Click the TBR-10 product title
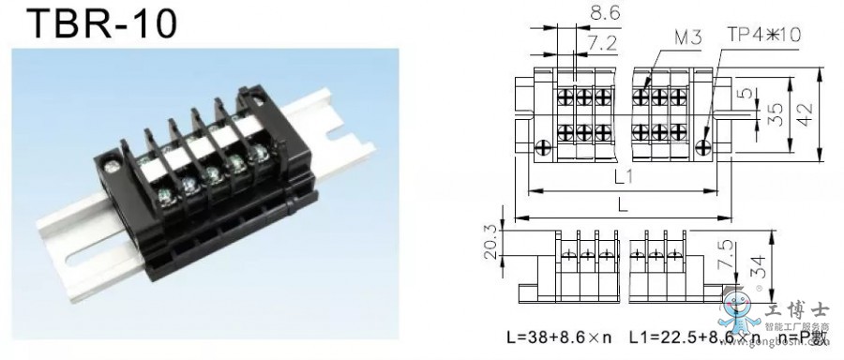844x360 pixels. coord(90,23)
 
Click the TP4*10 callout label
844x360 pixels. coord(763,35)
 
